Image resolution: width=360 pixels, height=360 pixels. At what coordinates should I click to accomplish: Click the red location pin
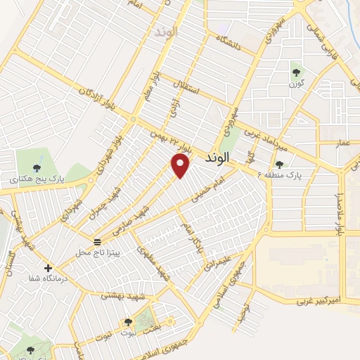(181, 165)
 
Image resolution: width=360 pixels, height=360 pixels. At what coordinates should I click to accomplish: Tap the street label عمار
(342, 143)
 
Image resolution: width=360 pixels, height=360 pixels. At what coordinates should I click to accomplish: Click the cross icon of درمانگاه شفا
(48, 268)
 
